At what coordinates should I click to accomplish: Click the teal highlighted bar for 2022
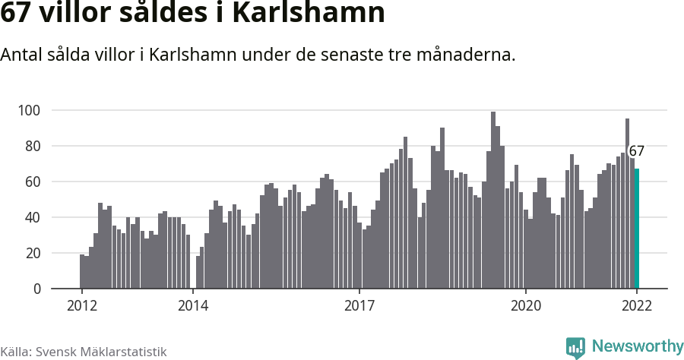tap(637, 229)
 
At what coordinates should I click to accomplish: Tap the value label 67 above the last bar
tap(636, 151)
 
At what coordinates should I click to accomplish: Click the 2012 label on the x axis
tap(81, 306)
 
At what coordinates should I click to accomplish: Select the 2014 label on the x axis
tap(193, 306)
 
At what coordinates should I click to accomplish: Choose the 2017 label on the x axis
tap(359, 306)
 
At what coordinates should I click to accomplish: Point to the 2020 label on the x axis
tap(526, 306)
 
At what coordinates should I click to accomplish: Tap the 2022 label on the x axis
tap(637, 306)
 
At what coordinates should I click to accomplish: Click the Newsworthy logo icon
tap(575, 347)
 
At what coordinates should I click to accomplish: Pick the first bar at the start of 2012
tap(82, 272)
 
